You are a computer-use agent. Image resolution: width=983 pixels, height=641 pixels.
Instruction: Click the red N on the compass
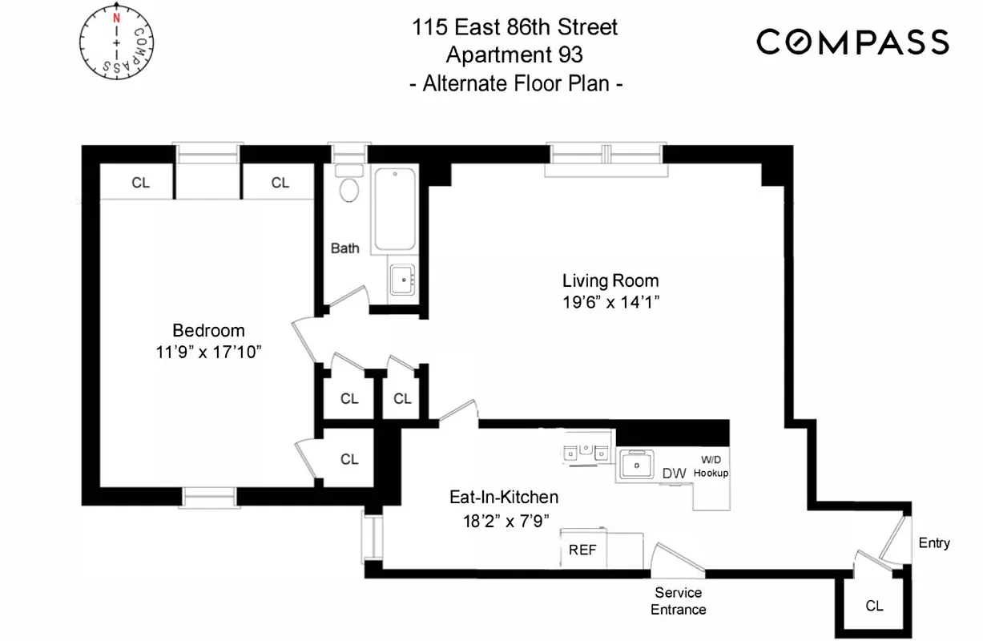point(117,18)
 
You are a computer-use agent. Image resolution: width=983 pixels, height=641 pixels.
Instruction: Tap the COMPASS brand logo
point(853,42)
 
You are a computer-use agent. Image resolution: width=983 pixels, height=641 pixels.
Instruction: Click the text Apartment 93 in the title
point(514,55)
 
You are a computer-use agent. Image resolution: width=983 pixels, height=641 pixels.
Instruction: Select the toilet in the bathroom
point(349,187)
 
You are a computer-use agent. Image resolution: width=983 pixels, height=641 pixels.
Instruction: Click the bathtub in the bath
point(395,208)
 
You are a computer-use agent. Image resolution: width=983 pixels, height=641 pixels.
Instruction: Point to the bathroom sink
point(401,280)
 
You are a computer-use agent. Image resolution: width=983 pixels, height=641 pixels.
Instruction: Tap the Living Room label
point(610,280)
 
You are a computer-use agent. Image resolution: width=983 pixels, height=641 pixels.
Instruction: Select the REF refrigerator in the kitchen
point(582,550)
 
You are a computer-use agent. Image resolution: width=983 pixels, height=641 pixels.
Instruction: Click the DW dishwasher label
point(674,474)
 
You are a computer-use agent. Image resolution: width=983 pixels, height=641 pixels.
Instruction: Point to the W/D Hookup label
point(711,466)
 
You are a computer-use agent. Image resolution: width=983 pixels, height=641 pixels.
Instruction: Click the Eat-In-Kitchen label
point(503,498)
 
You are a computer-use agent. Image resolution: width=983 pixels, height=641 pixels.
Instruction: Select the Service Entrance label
point(678,601)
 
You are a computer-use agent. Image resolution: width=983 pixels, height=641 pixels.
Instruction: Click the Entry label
point(933,543)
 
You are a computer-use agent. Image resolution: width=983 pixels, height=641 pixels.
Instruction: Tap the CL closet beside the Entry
point(874,606)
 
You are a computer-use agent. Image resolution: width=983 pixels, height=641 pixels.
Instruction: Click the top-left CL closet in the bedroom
point(140,183)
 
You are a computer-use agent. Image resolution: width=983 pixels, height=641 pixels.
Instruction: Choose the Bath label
point(345,248)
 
